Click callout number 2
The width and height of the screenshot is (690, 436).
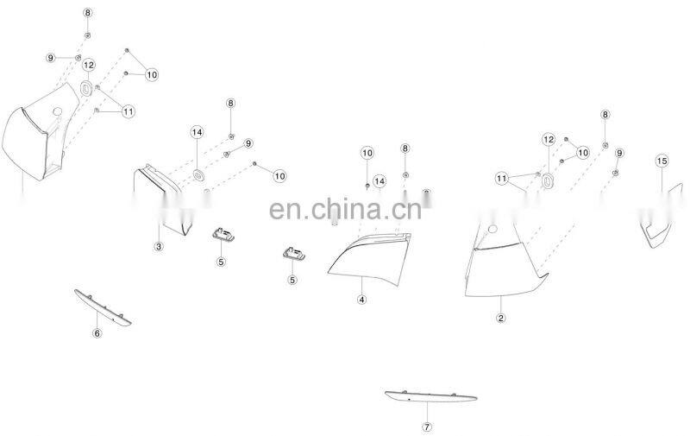click(500, 318)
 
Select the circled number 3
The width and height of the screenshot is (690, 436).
click(159, 247)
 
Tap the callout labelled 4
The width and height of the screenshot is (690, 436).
click(362, 300)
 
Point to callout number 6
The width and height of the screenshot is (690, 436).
click(97, 332)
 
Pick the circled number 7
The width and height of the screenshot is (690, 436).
click(427, 427)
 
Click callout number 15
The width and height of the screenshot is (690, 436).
click(662, 161)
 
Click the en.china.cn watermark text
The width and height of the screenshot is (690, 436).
click(345, 210)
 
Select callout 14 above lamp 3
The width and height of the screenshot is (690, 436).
click(197, 132)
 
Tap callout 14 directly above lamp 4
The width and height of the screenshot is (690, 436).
click(379, 180)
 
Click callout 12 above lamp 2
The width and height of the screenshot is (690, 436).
click(549, 140)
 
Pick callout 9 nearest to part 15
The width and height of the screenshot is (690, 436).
click(618, 153)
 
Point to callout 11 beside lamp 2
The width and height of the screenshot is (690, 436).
click(501, 179)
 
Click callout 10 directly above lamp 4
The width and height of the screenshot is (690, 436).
click(367, 153)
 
